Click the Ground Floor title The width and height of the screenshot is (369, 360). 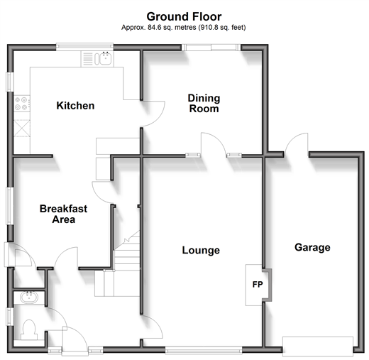(x=184, y=16)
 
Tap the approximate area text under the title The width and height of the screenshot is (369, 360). (x=184, y=28)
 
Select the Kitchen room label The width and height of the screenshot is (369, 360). (x=75, y=106)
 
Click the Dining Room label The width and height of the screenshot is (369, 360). (x=204, y=104)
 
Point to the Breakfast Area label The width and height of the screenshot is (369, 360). (x=63, y=214)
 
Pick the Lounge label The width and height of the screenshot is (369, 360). (x=201, y=250)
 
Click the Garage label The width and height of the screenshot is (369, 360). (x=312, y=248)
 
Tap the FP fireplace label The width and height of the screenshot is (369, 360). (x=258, y=284)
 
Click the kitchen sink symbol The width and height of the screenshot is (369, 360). (x=103, y=58)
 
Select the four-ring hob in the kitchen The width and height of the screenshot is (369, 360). (x=22, y=104)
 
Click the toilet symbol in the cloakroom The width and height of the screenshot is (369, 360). (x=29, y=329)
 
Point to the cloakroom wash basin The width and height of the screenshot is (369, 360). (x=29, y=298)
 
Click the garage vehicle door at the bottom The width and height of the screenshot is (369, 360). (x=318, y=347)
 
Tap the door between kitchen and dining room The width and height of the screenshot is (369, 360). (x=153, y=114)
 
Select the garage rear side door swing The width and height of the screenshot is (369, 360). (x=297, y=143)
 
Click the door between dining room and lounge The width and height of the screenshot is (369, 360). (x=213, y=144)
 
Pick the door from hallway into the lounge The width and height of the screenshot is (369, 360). (x=152, y=327)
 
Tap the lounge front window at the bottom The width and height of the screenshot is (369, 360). (x=204, y=350)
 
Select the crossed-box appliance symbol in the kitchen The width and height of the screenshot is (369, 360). (x=22, y=128)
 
